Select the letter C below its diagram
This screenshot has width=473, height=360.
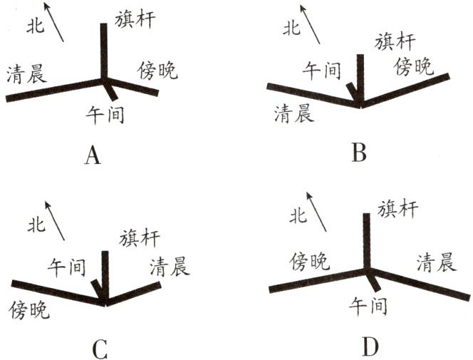pyautogui.click(x=100, y=349)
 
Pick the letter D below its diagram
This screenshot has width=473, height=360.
pyautogui.click(x=369, y=346)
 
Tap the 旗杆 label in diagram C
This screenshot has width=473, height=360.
pyautogui.click(x=141, y=238)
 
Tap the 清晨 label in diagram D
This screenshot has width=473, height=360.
pyautogui.click(x=436, y=263)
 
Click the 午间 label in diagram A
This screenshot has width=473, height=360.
pyautogui.click(x=105, y=113)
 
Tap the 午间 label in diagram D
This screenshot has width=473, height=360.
pyautogui.click(x=368, y=307)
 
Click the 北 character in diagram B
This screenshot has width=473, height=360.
pyautogui.click(x=292, y=29)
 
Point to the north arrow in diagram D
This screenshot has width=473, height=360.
pyautogui.click(x=318, y=210)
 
